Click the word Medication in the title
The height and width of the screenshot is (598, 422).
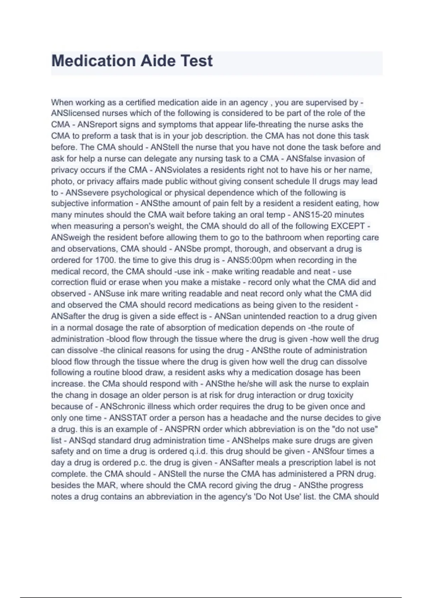tap(93, 61)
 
